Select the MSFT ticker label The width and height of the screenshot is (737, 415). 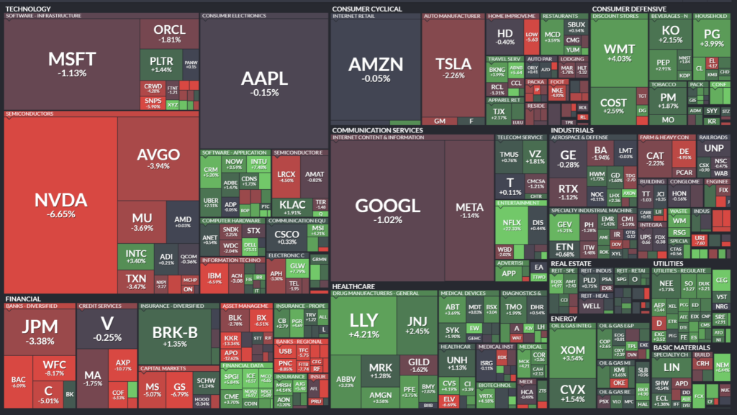tap(67, 58)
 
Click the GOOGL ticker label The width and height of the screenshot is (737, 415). tap(386, 205)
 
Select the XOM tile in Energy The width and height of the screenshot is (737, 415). tap(574, 352)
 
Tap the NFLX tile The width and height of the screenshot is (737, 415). tap(511, 224)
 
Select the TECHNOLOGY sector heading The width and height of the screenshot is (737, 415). tap(28, 9)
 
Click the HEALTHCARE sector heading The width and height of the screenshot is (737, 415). tap(353, 286)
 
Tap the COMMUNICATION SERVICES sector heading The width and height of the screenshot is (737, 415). tap(376, 130)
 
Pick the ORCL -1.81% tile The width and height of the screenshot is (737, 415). tap(170, 33)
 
